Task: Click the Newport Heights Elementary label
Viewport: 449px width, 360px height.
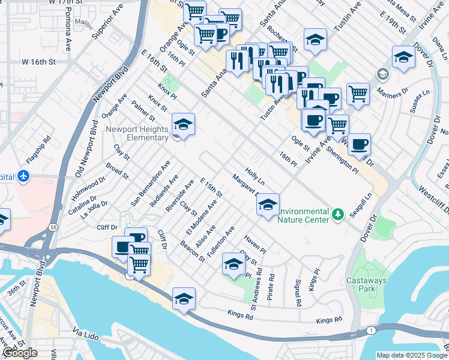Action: pos(137,133)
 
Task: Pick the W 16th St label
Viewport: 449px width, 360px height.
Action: pos(39,62)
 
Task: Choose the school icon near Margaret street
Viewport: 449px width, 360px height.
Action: pos(268,205)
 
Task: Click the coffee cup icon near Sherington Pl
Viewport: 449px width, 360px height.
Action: pos(359,144)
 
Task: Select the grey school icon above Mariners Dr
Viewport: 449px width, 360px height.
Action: pos(381,74)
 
